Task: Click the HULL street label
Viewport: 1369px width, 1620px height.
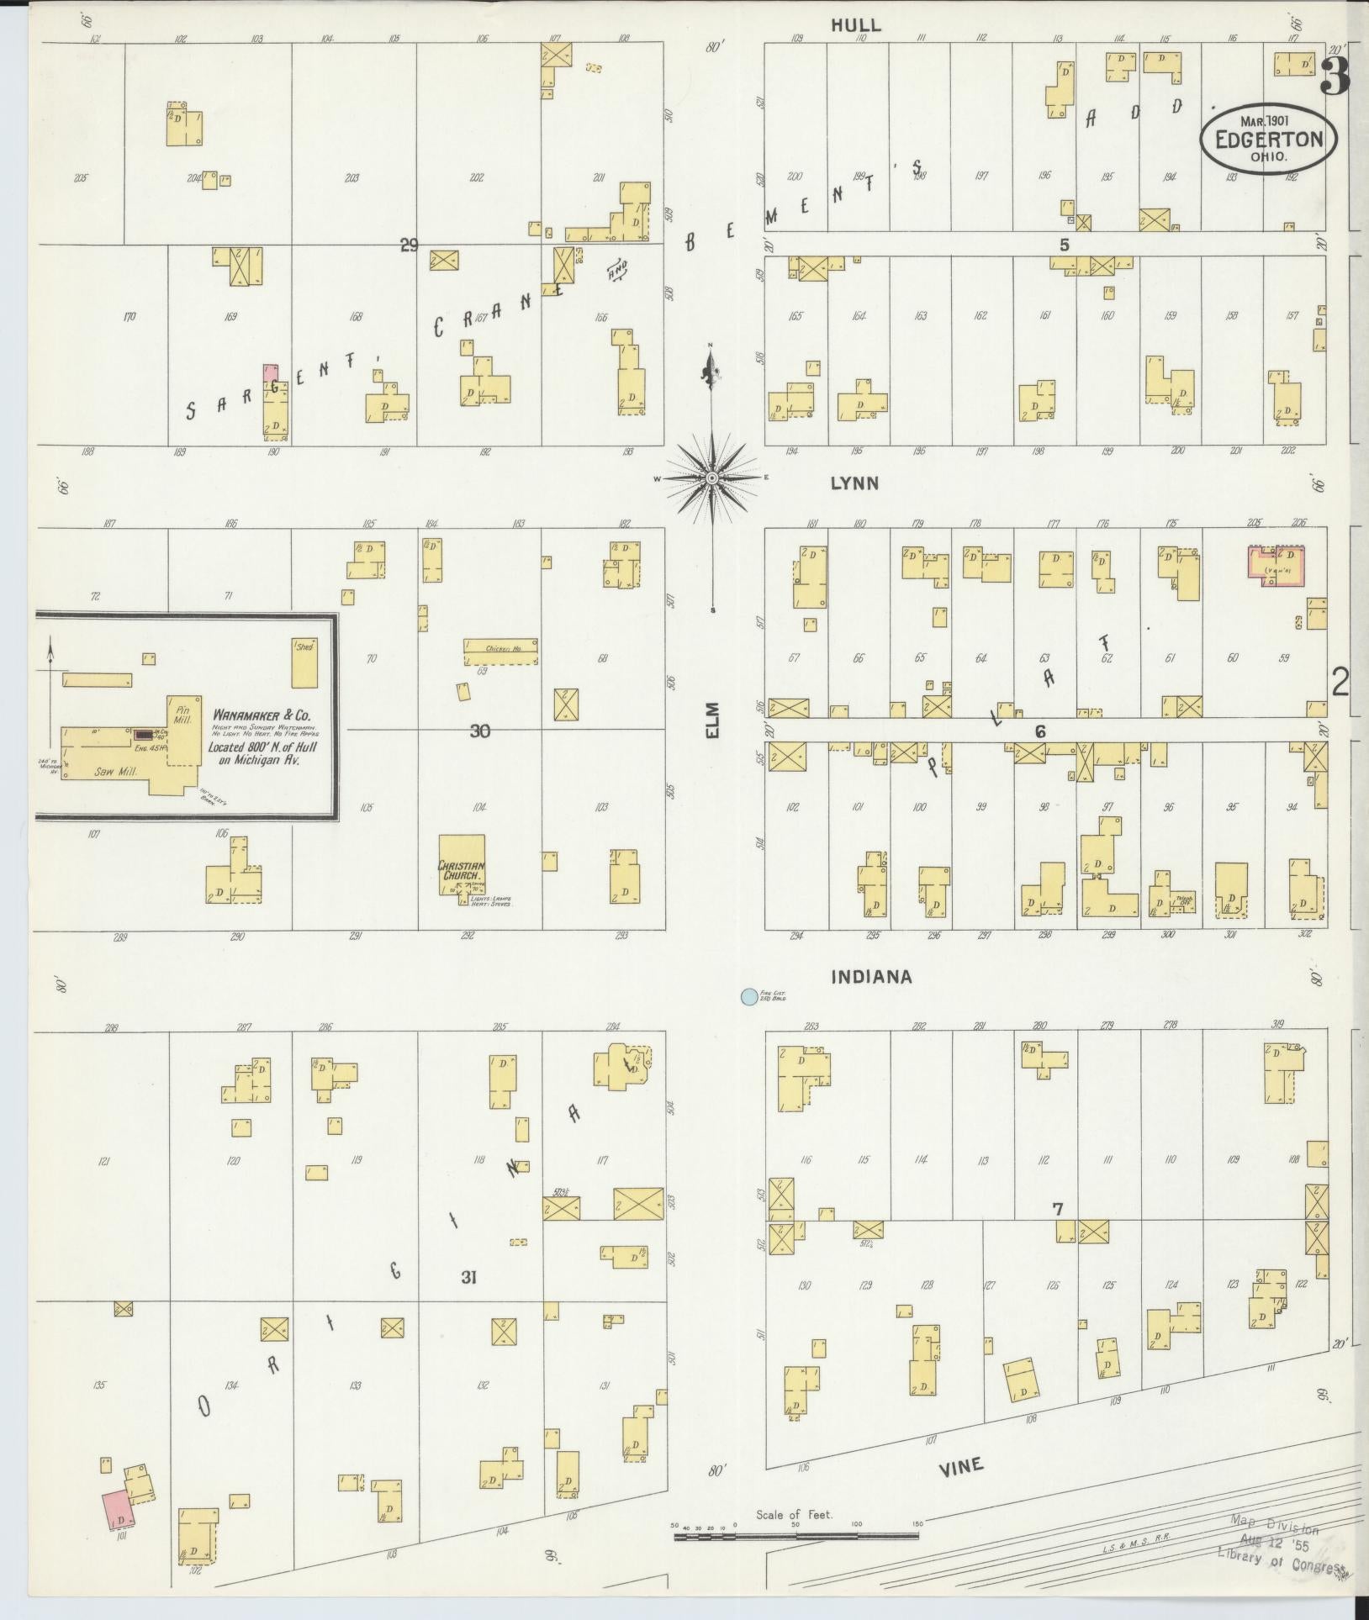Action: click(x=855, y=26)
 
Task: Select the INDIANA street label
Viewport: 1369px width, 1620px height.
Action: click(x=871, y=977)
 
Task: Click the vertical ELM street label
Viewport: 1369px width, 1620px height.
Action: click(x=714, y=721)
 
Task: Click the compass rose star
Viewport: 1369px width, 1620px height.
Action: click(x=712, y=478)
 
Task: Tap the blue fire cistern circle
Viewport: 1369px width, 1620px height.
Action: click(x=746, y=997)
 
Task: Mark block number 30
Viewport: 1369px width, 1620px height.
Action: click(x=479, y=731)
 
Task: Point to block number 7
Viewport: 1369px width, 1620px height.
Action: click(x=1058, y=1210)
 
